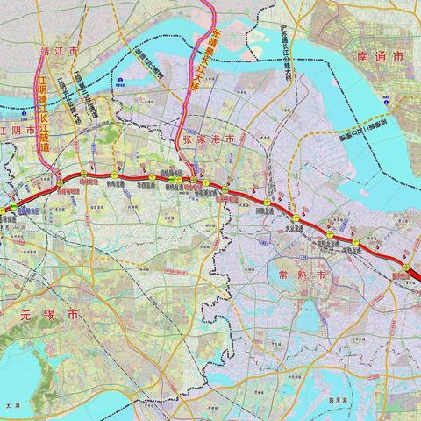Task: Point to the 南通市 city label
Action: point(381,55)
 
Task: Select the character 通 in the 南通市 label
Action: point(381,55)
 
